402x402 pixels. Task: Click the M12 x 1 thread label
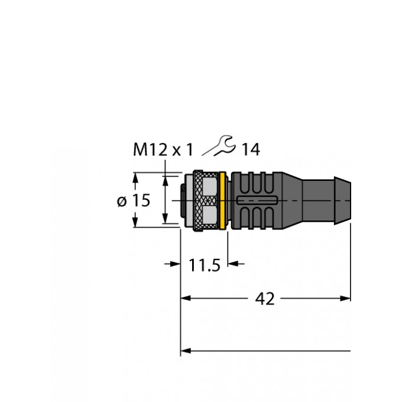coord(162,150)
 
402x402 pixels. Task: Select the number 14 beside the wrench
coord(250,150)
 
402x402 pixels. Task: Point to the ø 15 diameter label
coord(133,200)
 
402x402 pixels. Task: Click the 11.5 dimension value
coord(205,265)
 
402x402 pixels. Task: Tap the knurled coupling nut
coord(204,201)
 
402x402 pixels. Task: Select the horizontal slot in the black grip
coord(255,201)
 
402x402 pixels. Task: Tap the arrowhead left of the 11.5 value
coord(176,264)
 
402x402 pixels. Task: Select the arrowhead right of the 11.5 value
coord(233,264)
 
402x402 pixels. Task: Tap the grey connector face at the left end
coord(184,201)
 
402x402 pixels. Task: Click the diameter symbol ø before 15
coord(122,201)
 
